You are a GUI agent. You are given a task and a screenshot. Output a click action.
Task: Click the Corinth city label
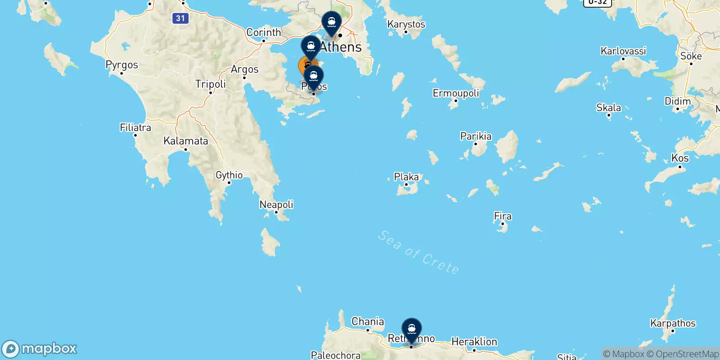coord(264,32)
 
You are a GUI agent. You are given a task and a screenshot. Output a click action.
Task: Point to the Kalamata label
coord(186,141)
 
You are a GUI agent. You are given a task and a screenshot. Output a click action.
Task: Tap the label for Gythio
coord(229,175)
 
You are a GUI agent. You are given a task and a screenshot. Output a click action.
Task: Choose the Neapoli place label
coord(276,205)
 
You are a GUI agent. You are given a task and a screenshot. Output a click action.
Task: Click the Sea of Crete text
coord(418,252)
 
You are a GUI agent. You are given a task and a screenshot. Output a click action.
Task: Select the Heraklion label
coord(474,342)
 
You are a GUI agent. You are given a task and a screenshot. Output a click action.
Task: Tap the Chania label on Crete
coord(368,321)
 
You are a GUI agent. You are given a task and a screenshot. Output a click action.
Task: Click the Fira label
coord(503,216)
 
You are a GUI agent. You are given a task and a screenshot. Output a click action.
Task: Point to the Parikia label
coord(476,136)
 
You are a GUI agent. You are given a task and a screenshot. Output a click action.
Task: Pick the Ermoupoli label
coord(456,93)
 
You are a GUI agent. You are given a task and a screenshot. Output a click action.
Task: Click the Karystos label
coord(406,24)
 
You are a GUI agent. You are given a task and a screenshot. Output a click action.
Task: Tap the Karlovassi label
coord(623,51)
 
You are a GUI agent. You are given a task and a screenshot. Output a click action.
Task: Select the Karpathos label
coord(673,323)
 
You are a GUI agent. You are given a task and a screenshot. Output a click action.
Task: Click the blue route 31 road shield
coord(180,18)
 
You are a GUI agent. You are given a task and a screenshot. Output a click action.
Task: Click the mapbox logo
coord(40,349)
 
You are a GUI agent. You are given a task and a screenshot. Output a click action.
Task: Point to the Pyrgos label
coord(121,65)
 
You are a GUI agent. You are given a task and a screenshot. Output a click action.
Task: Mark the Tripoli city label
coord(211,84)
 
